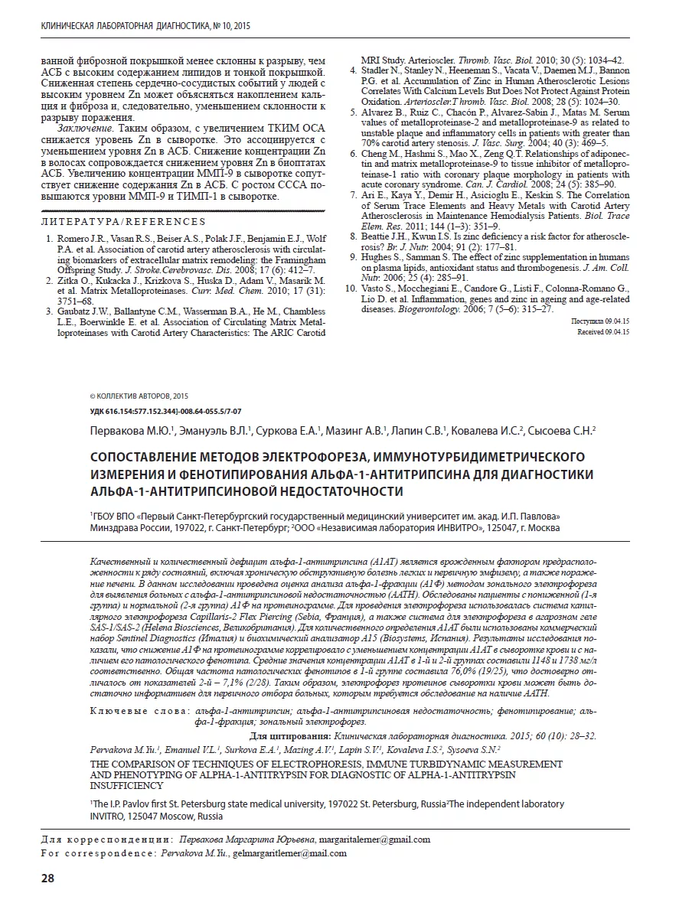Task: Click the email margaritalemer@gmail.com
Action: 374,839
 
